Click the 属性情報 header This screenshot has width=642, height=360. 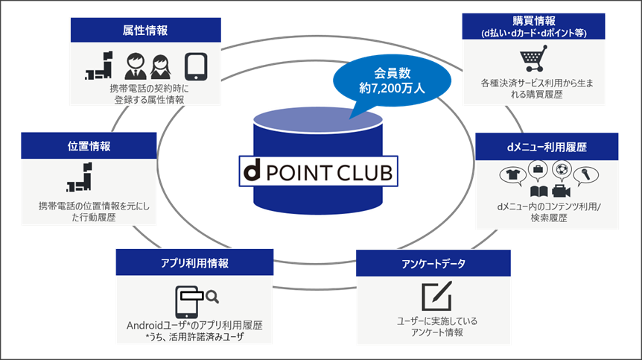click(145, 30)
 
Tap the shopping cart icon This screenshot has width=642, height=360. click(533, 58)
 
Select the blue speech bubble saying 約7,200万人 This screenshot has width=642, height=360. click(392, 80)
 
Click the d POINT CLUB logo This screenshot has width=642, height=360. click(318, 171)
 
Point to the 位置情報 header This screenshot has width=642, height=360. click(89, 146)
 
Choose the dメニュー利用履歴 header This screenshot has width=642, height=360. click(547, 147)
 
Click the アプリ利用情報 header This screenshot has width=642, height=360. click(194, 262)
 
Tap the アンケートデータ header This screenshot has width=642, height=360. click(433, 263)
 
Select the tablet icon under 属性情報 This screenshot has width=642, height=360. click(196, 66)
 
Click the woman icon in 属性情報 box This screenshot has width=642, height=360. click(161, 67)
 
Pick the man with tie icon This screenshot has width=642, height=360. click(135, 66)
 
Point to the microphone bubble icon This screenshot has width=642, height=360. click(585, 175)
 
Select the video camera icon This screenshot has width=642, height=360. click(561, 192)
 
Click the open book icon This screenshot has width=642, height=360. click(538, 192)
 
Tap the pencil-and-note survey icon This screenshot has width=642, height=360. click(437, 296)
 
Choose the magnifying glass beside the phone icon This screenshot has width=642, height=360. click(212, 297)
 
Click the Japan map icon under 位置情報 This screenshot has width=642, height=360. click(80, 177)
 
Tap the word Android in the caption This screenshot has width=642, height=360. click(145, 326)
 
